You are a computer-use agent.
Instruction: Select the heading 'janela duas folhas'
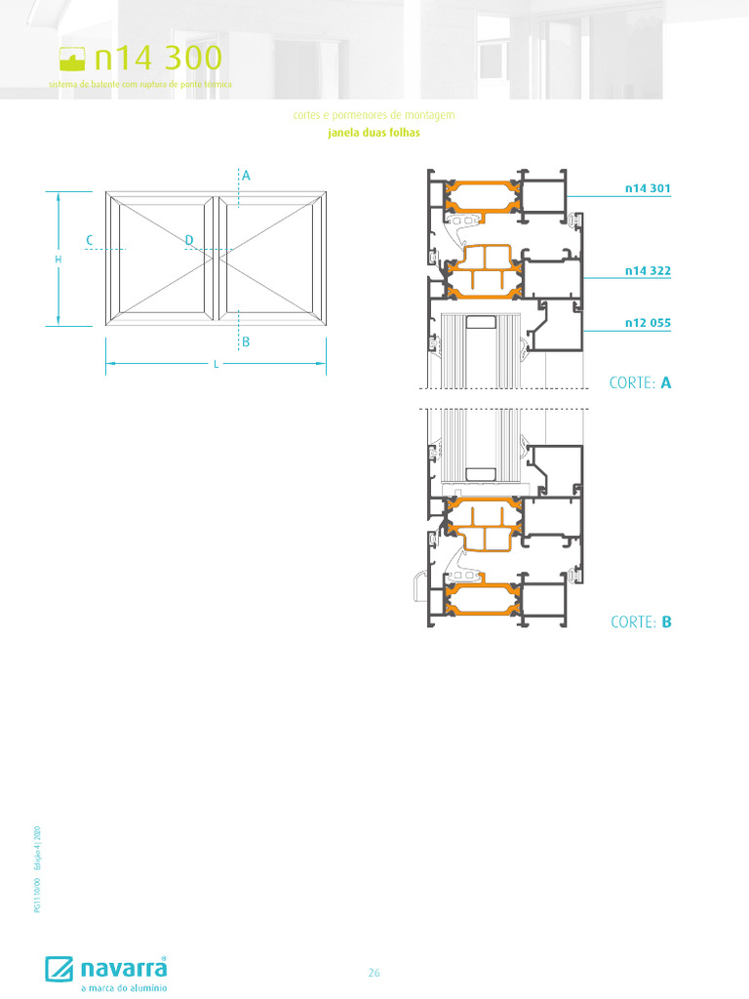point(374,134)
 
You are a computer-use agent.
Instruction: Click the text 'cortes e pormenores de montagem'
point(374,115)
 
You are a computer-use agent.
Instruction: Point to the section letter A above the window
point(247,176)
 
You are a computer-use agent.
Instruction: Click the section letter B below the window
point(247,342)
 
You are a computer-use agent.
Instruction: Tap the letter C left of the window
point(89,240)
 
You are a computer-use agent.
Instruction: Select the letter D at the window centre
point(189,240)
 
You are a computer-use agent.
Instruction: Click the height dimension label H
point(58,260)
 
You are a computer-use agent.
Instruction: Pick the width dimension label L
point(216,364)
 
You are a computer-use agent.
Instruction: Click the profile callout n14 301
point(648,187)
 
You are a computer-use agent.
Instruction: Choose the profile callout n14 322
point(648,270)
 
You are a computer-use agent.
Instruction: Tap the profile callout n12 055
point(648,322)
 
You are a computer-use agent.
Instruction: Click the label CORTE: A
point(641,383)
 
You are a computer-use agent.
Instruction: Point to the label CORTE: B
point(641,621)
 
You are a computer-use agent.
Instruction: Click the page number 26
point(374,973)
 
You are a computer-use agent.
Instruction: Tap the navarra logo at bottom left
point(106,969)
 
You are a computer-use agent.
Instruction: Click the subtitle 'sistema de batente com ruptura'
point(140,85)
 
